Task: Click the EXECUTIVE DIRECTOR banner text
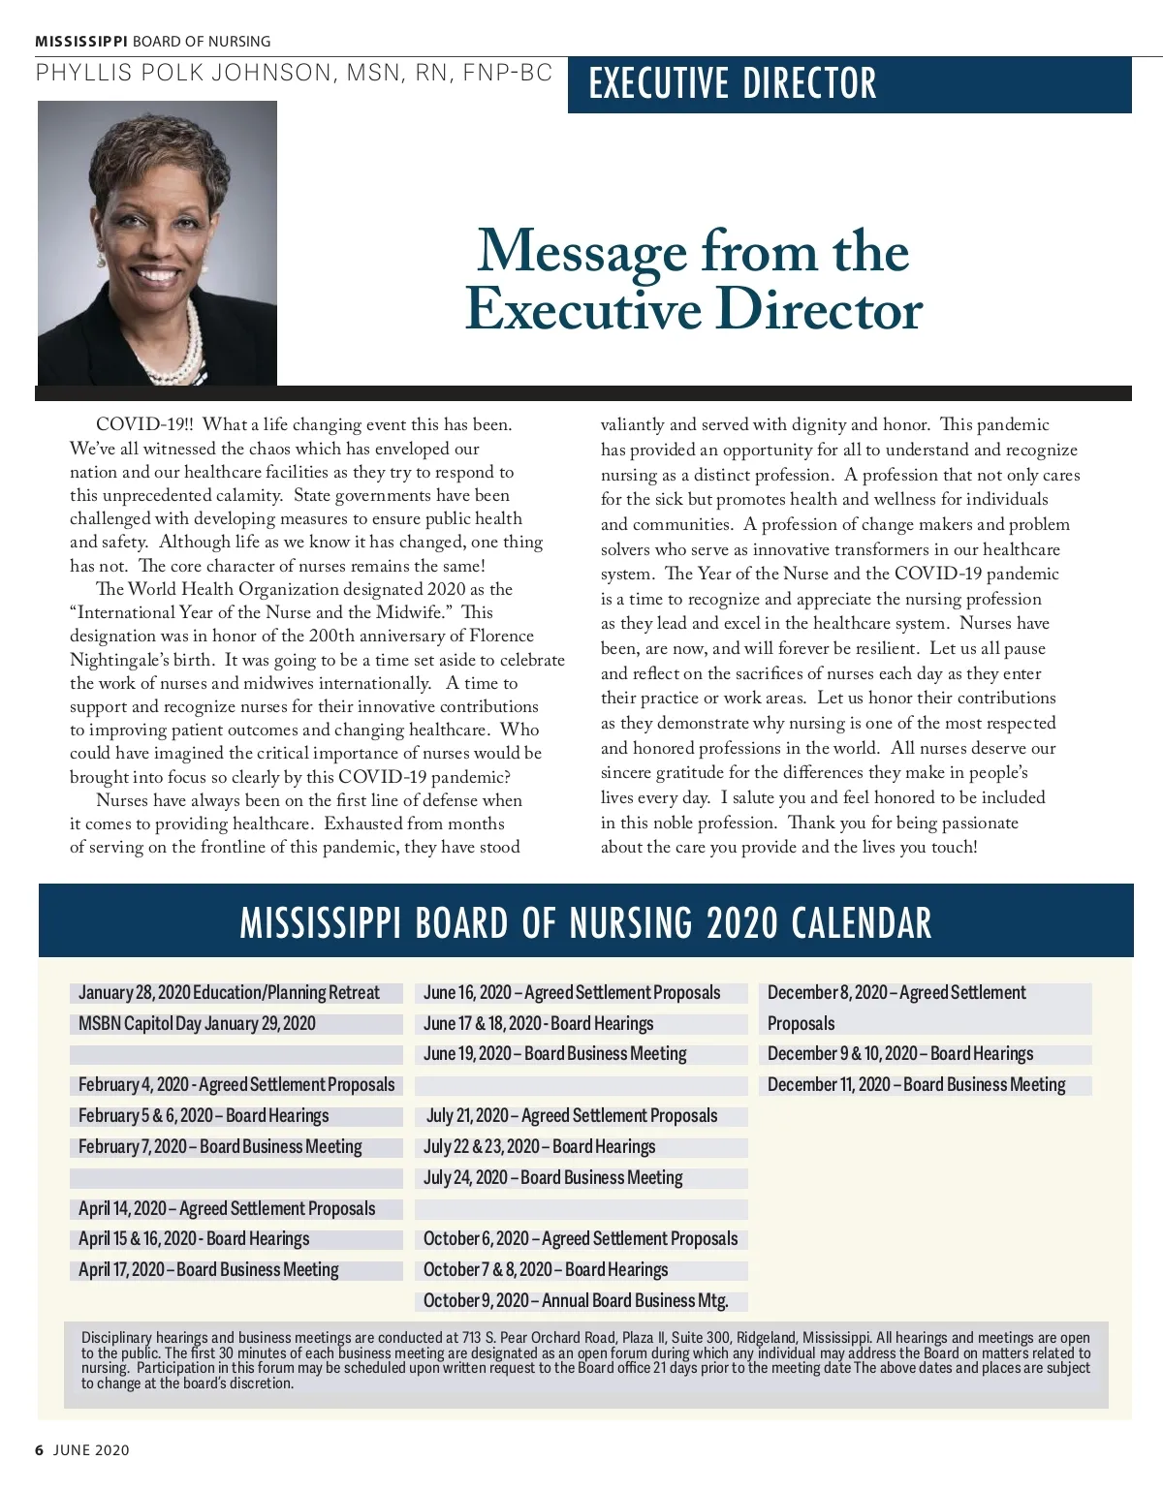click(733, 83)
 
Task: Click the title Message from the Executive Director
click(693, 280)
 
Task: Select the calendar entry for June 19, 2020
click(554, 1054)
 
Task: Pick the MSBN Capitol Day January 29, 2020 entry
click(197, 1024)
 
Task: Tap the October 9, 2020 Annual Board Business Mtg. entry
click(576, 1301)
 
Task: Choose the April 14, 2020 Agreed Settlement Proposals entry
click(227, 1209)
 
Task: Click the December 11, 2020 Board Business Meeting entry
click(916, 1085)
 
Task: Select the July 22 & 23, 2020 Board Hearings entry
click(539, 1147)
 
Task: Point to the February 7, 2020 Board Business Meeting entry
click(220, 1147)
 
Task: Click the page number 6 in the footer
click(40, 1450)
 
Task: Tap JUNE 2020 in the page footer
click(91, 1450)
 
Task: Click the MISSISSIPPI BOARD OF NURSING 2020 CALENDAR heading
click(585, 923)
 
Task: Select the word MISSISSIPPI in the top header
click(81, 42)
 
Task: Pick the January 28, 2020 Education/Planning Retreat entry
click(229, 993)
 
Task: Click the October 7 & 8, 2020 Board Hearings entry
click(546, 1270)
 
